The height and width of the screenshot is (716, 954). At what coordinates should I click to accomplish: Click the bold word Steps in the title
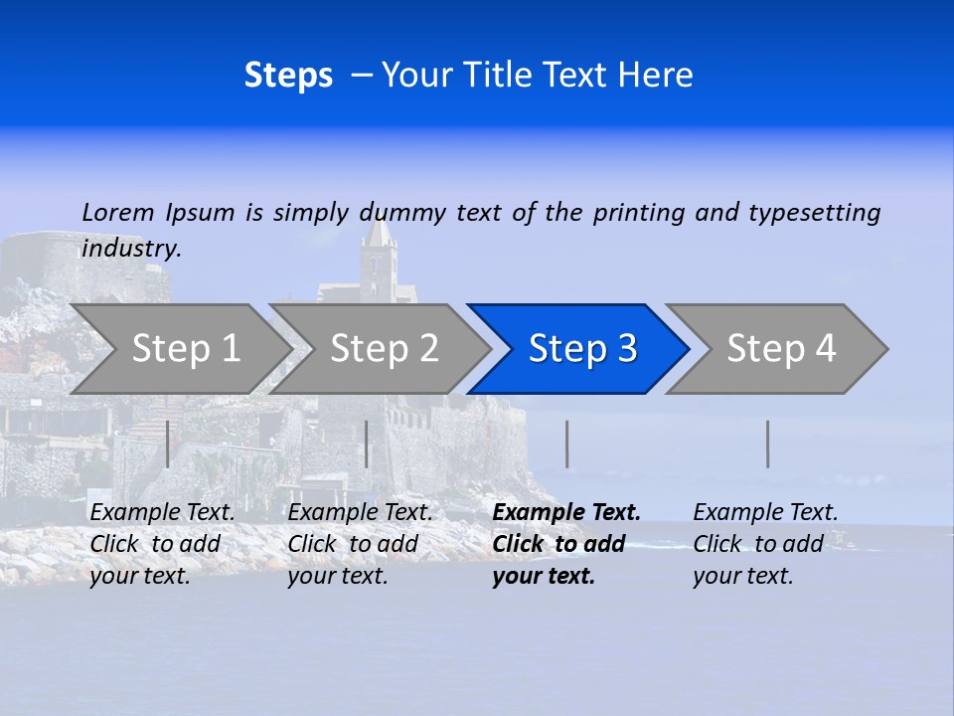tap(288, 76)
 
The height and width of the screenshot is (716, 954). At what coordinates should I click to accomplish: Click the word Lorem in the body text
tap(118, 213)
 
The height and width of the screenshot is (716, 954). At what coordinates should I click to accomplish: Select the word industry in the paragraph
tap(131, 249)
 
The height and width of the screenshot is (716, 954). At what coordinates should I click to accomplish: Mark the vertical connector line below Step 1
tap(167, 444)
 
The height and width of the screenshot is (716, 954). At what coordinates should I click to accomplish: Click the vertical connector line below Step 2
tap(367, 444)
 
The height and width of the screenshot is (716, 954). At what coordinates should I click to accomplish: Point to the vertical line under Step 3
tap(566, 444)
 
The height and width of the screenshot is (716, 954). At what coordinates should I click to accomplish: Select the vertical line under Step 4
tap(767, 444)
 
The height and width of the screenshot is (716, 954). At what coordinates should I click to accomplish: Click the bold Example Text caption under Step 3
tap(566, 543)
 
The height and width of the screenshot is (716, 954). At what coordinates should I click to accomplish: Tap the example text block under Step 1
tap(162, 544)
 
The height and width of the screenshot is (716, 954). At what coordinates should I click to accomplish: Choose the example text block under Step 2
tap(360, 544)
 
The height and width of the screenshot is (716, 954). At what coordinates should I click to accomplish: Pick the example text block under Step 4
tap(765, 544)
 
